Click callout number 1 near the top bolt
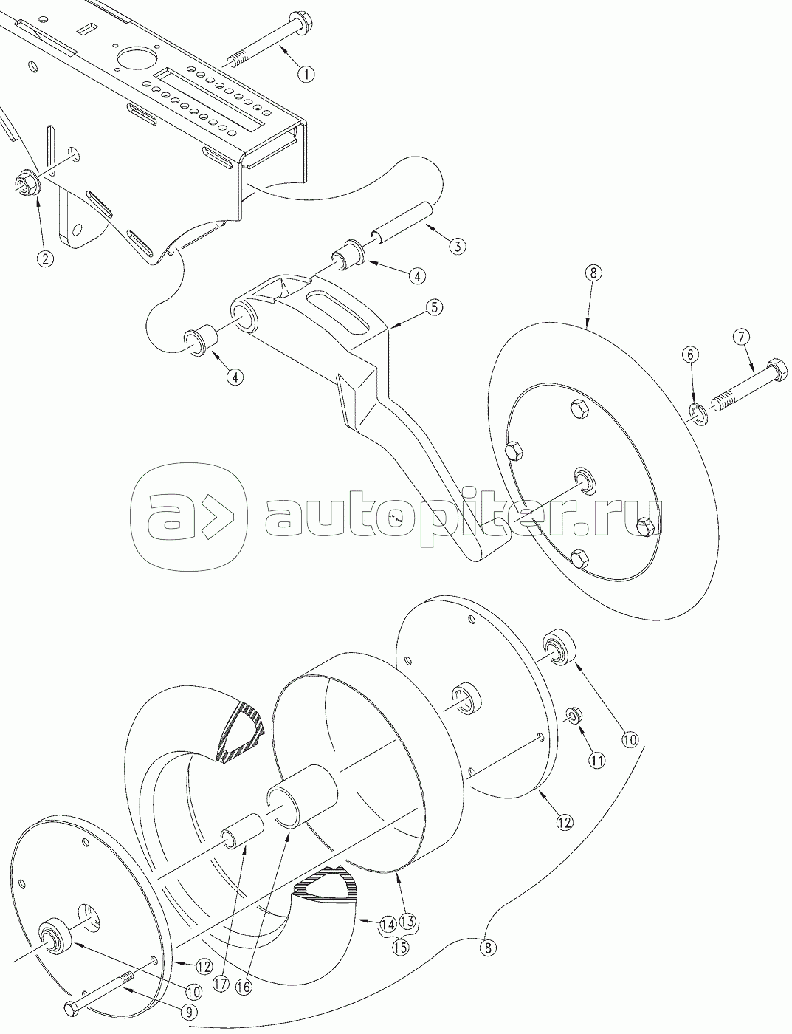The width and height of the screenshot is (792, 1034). coord(306,73)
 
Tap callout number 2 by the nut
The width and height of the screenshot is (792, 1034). coord(47,258)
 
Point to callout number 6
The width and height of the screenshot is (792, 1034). coord(691,355)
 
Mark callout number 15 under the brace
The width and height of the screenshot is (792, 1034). coord(400,948)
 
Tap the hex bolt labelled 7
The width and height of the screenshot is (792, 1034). coord(745,386)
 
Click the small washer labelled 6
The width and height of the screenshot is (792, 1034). coord(699,415)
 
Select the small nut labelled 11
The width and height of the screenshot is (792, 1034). coord(574,716)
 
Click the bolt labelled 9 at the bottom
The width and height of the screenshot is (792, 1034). coord(96,994)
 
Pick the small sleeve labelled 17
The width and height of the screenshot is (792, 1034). coord(242,832)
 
